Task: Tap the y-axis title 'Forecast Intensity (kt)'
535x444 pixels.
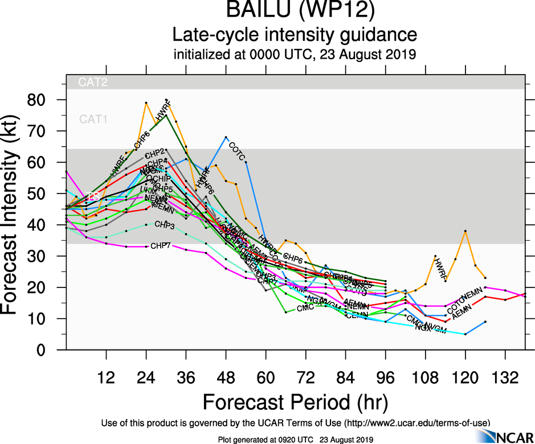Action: (14, 219)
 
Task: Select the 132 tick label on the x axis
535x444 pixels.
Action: (505, 378)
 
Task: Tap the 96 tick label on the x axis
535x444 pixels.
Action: (386, 378)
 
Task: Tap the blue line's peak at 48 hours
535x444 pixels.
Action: (226, 137)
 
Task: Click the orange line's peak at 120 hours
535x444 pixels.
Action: (465, 231)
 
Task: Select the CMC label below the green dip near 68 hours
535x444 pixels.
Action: (304, 309)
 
